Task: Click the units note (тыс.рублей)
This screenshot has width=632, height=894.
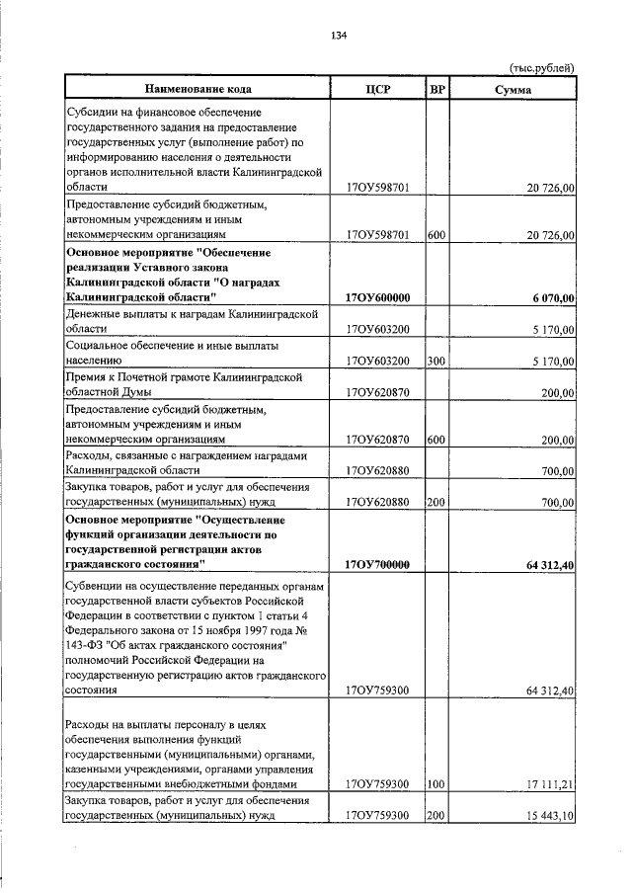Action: pyautogui.click(x=541, y=67)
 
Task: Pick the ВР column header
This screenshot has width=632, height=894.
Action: pyautogui.click(x=437, y=88)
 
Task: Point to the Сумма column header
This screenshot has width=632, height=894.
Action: pyautogui.click(x=513, y=88)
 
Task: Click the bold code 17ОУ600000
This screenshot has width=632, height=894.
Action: pyautogui.click(x=379, y=297)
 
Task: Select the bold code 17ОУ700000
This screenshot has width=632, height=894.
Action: pyautogui.click(x=379, y=564)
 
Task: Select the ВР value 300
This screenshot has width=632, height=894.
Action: pyautogui.click(x=436, y=362)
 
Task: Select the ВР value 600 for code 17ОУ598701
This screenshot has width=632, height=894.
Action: pyautogui.click(x=436, y=235)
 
